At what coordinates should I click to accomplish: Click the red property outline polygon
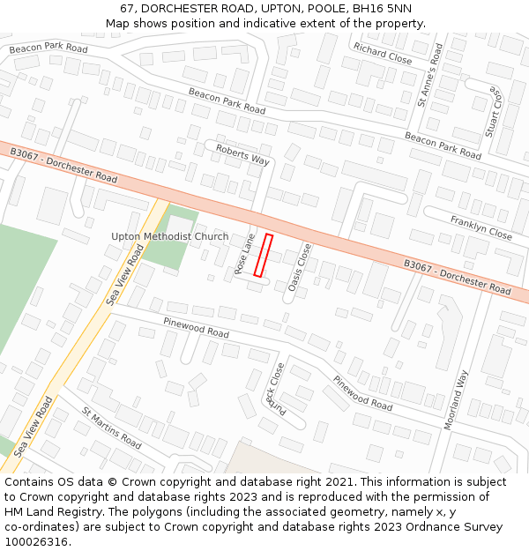coord(263,255)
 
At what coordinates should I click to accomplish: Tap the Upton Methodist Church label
coord(169,236)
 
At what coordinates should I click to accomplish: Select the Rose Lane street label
coord(244,253)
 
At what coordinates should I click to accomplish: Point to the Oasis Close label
coord(300,267)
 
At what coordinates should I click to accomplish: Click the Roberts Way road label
coord(242,154)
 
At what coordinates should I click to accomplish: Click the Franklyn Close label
coord(481,227)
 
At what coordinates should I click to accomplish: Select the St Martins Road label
coord(111,428)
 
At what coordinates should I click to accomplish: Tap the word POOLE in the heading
coord(322,8)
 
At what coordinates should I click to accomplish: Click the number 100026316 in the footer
coord(37,542)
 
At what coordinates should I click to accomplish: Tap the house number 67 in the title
coord(128,8)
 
